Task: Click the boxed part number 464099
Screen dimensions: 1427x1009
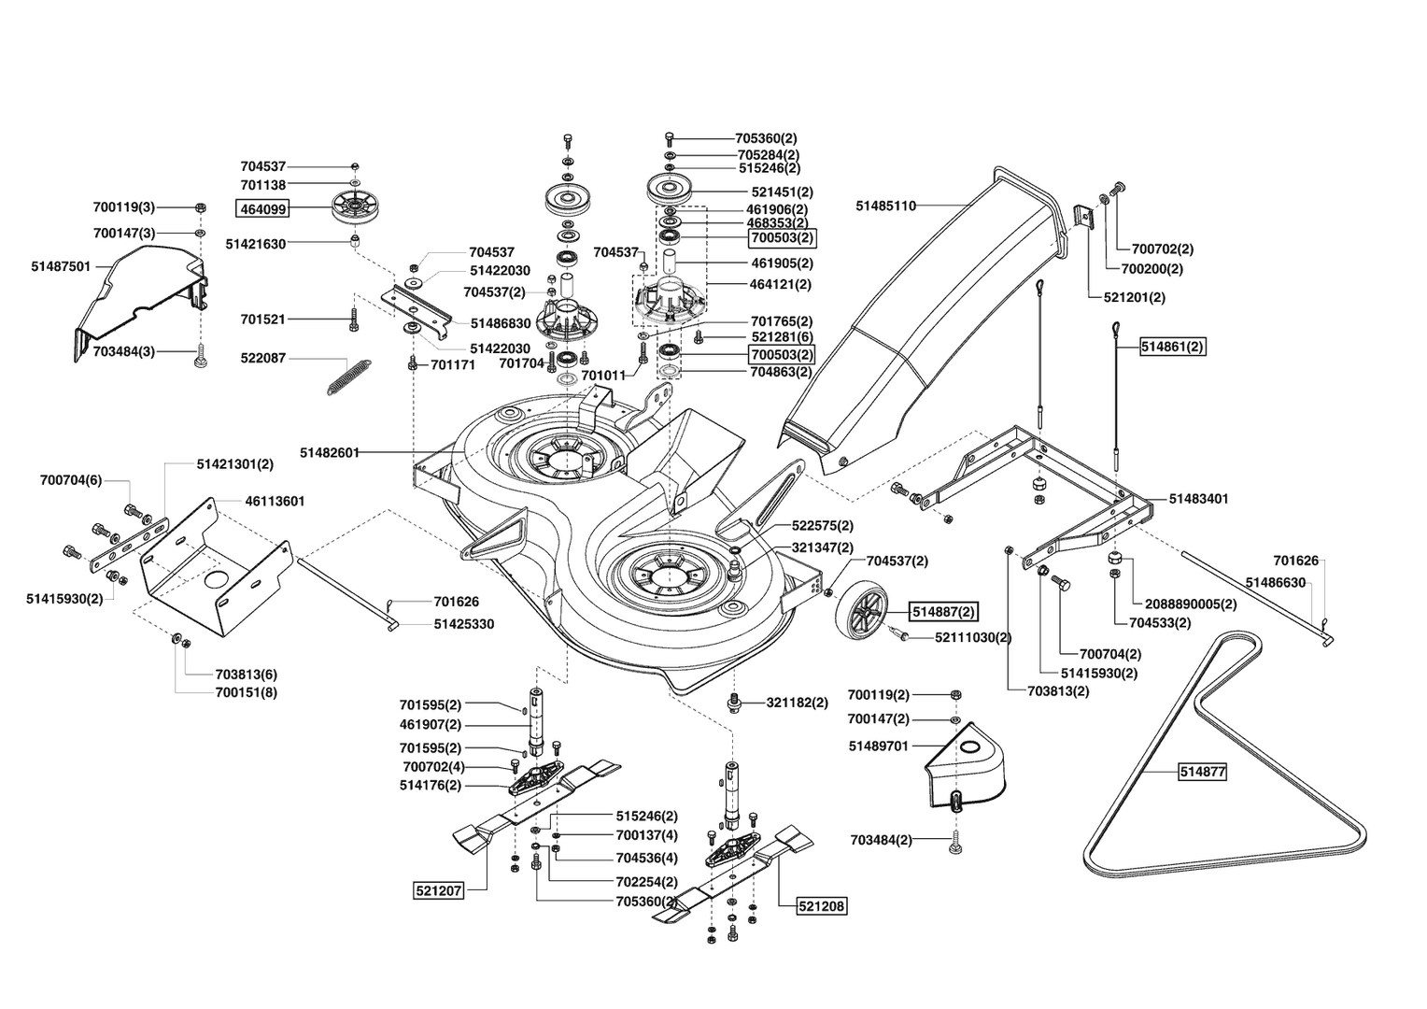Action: click(x=262, y=208)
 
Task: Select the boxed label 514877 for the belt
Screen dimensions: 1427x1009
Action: click(x=1203, y=772)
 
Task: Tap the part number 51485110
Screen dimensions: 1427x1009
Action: click(x=885, y=206)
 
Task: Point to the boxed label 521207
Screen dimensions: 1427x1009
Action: click(x=438, y=890)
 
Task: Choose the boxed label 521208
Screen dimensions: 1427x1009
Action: click(x=822, y=905)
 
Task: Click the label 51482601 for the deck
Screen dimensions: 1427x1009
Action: click(x=330, y=452)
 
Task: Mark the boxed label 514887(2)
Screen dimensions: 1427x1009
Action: click(x=943, y=612)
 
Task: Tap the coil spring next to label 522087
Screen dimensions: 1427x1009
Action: click(x=349, y=378)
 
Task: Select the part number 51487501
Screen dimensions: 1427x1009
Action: click(x=61, y=266)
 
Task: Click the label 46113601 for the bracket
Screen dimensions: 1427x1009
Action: click(x=275, y=502)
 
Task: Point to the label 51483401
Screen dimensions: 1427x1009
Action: click(x=1198, y=499)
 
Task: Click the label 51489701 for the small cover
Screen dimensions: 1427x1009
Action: click(x=879, y=746)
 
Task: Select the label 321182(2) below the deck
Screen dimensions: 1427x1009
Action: click(x=797, y=703)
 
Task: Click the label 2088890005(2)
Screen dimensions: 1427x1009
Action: click(x=1191, y=604)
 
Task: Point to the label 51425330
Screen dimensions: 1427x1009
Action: click(x=464, y=625)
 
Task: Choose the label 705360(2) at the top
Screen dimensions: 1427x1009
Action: click(x=766, y=138)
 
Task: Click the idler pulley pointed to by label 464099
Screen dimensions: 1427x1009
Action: click(x=353, y=206)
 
